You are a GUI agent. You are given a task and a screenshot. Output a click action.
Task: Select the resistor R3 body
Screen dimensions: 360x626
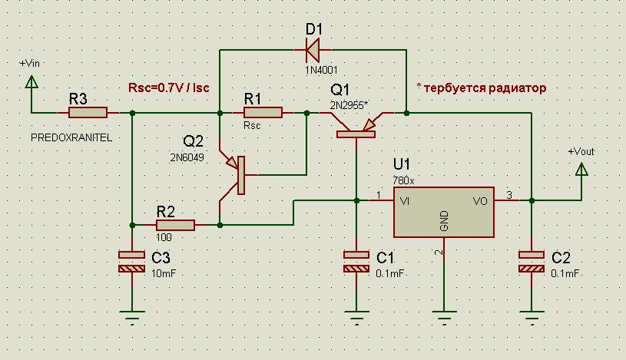pyautogui.click(x=88, y=114)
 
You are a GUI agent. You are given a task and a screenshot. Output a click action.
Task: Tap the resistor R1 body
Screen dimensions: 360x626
pyautogui.click(x=263, y=114)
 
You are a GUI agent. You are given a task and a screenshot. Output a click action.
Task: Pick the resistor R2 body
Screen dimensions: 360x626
pyautogui.click(x=175, y=225)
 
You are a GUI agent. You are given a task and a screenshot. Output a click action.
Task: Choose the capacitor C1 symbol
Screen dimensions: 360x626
pyautogui.click(x=356, y=263)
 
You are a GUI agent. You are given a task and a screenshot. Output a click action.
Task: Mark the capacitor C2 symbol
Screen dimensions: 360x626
pyautogui.click(x=531, y=263)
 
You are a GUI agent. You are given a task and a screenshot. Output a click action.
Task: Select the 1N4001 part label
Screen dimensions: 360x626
pyautogui.click(x=314, y=70)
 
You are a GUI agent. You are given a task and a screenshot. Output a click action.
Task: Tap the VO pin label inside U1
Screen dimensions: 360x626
pyautogui.click(x=480, y=201)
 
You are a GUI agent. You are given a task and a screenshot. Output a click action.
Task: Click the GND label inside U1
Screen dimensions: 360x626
pyautogui.click(x=444, y=222)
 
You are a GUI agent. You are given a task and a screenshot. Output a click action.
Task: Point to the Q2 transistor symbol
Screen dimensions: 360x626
pyautogui.click(x=238, y=175)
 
